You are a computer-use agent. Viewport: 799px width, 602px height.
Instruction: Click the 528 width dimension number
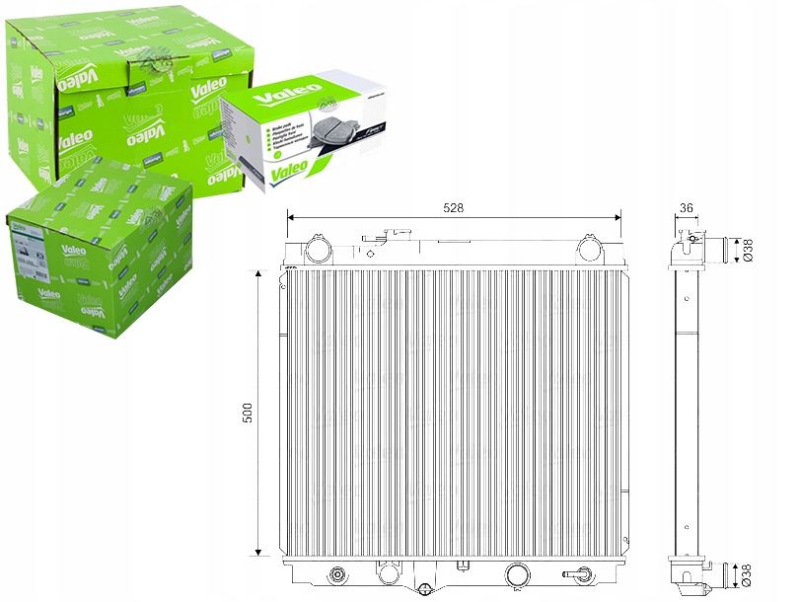[453, 207]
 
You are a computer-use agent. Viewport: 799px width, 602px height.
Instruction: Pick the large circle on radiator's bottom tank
[516, 575]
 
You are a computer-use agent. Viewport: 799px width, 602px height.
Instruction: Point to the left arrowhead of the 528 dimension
[290, 216]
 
